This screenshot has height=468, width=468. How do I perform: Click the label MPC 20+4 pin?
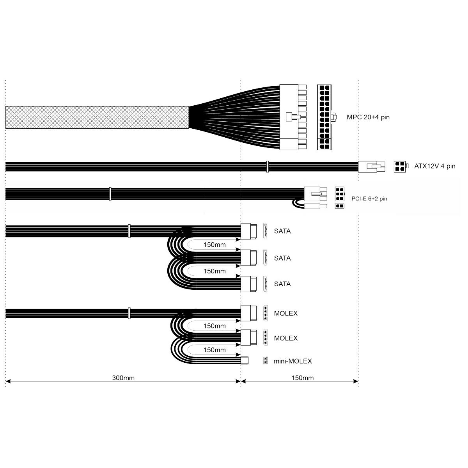click(368, 117)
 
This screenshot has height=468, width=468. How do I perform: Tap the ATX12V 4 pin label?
click(435, 167)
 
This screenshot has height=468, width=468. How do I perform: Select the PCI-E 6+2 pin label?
click(369, 199)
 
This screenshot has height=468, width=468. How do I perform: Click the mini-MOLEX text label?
click(292, 361)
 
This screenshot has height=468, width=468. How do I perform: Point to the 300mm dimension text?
click(123, 378)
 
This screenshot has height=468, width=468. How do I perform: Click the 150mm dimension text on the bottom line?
click(302, 378)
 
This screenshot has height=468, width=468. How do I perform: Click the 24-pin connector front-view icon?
click(325, 117)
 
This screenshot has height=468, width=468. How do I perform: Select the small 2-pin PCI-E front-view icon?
click(340, 206)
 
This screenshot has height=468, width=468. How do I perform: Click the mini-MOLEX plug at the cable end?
click(245, 360)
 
